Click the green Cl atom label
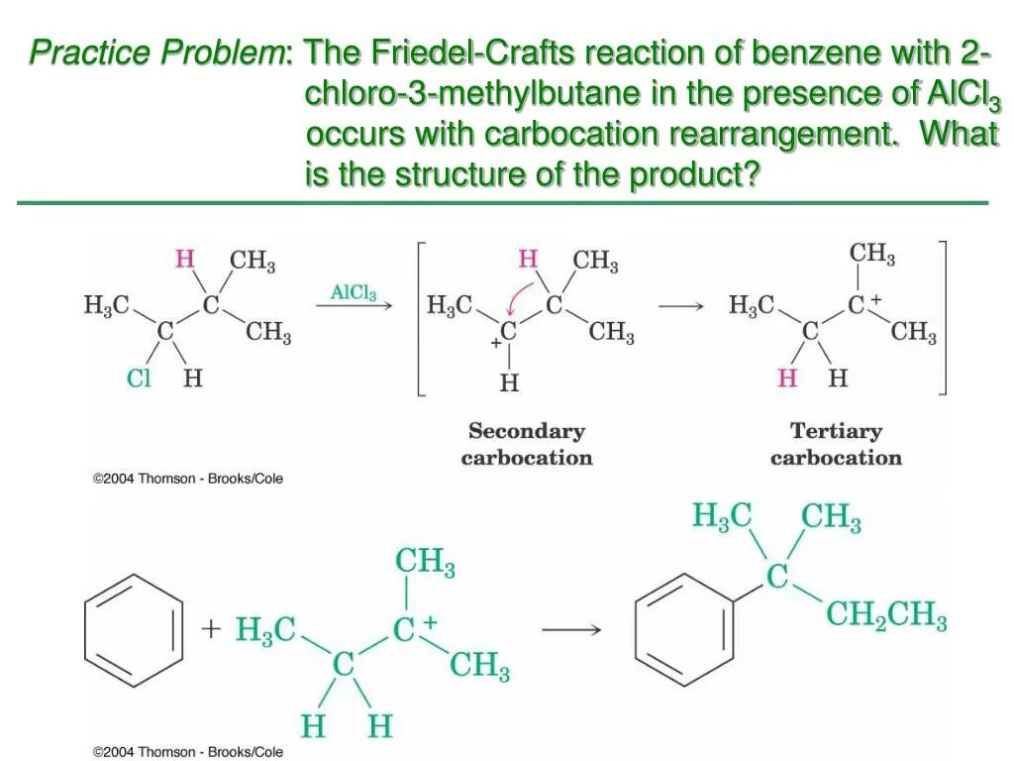tap(139, 378)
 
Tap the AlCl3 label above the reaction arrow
tap(354, 293)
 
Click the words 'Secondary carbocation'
tap(526, 444)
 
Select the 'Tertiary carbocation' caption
tap(836, 444)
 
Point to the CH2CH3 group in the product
tap(886, 616)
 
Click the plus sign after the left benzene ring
tap(210, 629)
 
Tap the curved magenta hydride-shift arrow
tap(518, 295)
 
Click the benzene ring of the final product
tap(683, 629)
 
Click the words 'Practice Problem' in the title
tap(156, 52)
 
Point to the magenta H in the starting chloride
tap(184, 260)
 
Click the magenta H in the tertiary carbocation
tap(787, 378)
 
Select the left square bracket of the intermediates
tap(421, 318)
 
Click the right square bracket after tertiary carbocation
tap(943, 318)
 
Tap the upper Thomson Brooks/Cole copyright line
tap(188, 479)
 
